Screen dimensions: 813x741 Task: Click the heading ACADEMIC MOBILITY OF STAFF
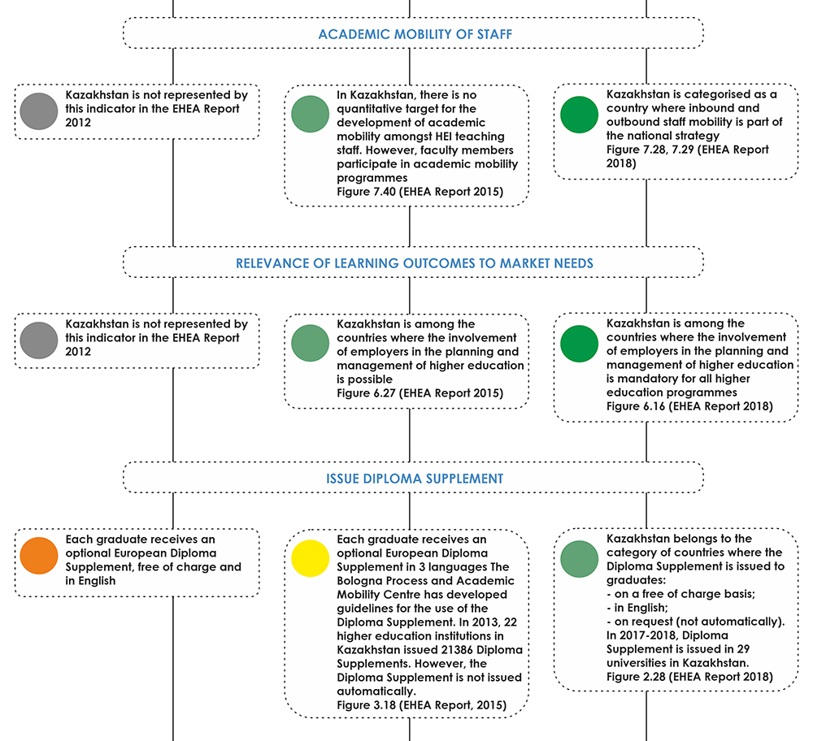click(x=415, y=34)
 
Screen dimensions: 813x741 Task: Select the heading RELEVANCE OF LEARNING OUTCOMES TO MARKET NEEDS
click(x=415, y=263)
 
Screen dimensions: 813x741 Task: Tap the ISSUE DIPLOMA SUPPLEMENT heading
click(x=415, y=479)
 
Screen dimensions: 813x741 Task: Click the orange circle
click(x=39, y=556)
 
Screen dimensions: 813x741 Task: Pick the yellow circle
click(x=310, y=559)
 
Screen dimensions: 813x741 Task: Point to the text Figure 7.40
click(x=366, y=192)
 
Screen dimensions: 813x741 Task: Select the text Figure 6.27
click(x=366, y=393)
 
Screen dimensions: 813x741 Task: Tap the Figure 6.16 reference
click(x=636, y=406)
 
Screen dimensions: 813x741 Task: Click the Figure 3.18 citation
click(x=366, y=705)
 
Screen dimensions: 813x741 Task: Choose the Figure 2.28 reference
click(x=636, y=677)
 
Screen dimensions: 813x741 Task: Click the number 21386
click(x=456, y=650)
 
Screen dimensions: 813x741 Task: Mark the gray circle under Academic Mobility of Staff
click(x=39, y=110)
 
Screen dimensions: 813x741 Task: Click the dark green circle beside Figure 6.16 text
click(x=579, y=344)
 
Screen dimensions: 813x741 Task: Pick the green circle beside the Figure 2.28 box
click(x=579, y=559)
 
